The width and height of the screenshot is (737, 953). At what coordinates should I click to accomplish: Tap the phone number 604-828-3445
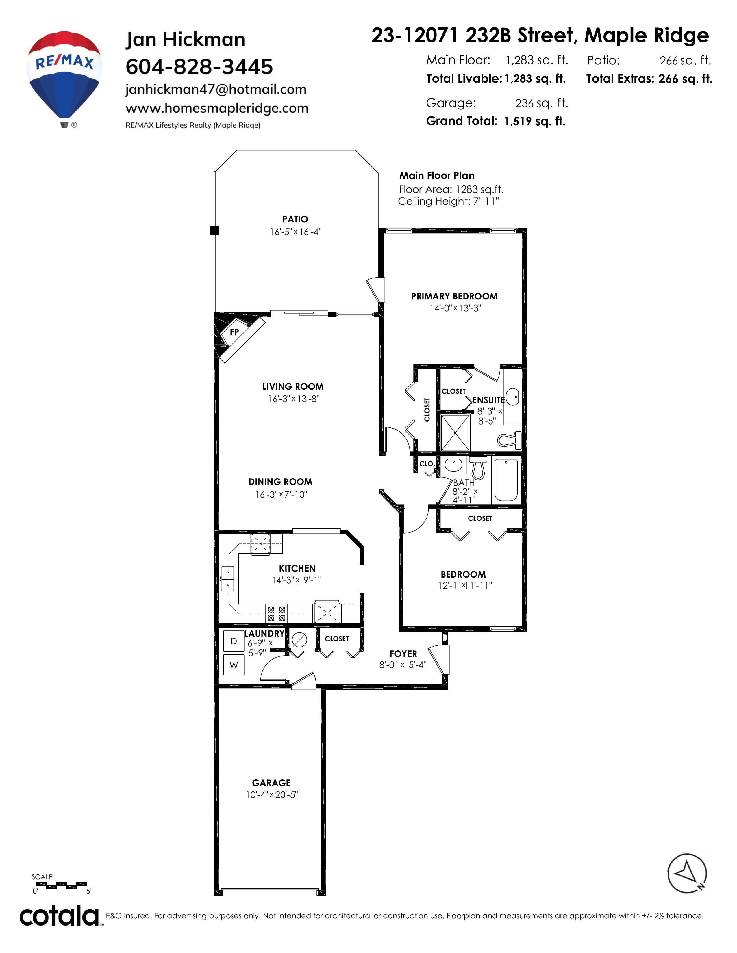click(x=199, y=67)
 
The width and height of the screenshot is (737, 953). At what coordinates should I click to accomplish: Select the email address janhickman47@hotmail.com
click(x=216, y=90)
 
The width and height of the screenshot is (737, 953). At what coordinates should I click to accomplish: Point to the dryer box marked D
click(x=234, y=641)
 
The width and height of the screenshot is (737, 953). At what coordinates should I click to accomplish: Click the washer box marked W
click(x=234, y=665)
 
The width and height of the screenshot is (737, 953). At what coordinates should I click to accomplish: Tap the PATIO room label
click(x=295, y=219)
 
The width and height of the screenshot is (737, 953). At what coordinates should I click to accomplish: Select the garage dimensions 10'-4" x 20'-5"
click(x=272, y=795)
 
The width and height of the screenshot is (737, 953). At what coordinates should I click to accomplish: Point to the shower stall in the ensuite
click(x=455, y=432)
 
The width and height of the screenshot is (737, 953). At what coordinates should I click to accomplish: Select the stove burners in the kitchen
click(x=276, y=613)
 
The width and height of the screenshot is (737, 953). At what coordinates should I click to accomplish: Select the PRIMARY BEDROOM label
click(x=455, y=296)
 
